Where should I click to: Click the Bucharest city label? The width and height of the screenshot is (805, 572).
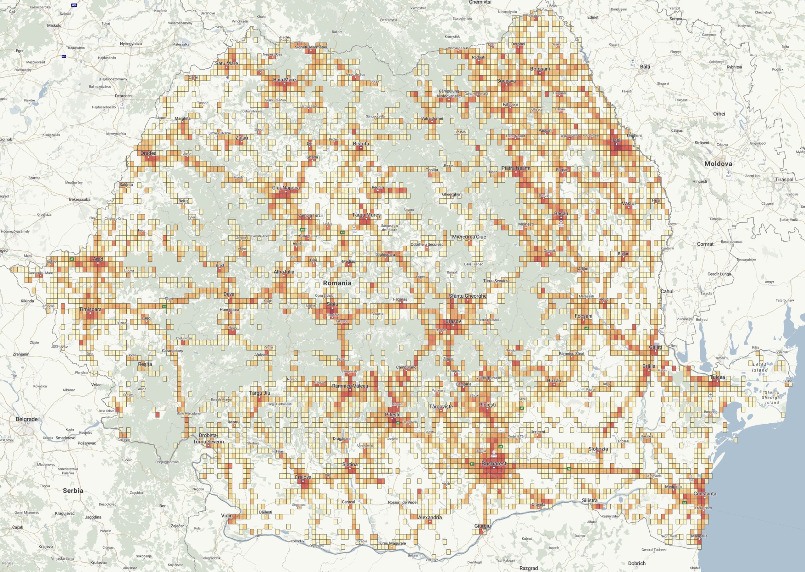pyautogui.click(x=494, y=464)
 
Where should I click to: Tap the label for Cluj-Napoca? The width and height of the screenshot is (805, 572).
pyautogui.click(x=286, y=188)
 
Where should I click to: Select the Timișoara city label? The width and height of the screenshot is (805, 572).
pyautogui.click(x=90, y=309)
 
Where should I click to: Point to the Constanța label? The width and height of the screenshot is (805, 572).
pyautogui.click(x=705, y=493)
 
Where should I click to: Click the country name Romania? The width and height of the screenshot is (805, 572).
pyautogui.click(x=337, y=283)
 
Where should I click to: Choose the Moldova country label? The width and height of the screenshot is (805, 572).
pyautogui.click(x=718, y=164)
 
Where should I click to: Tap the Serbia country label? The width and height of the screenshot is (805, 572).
pyautogui.click(x=73, y=490)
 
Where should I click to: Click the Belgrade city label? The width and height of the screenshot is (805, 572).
pyautogui.click(x=26, y=419)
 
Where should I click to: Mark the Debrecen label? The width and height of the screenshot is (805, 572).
pyautogui.click(x=123, y=96)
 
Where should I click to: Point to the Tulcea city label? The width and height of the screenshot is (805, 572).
pyautogui.click(x=717, y=377)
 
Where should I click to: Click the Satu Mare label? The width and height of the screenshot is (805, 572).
pyautogui.click(x=226, y=63)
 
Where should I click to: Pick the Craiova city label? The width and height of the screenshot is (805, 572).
pyautogui.click(x=303, y=477)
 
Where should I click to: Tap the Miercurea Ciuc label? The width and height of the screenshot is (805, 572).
pyautogui.click(x=469, y=237)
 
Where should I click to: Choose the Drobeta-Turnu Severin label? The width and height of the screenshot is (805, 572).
pyautogui.click(x=208, y=438)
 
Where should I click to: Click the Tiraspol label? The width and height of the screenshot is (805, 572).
pyautogui.click(x=784, y=179)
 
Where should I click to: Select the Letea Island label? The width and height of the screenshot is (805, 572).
pyautogui.click(x=759, y=367)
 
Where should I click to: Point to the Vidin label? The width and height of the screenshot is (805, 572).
pyautogui.click(x=226, y=516)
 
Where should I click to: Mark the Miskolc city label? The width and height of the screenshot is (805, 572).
pyautogui.click(x=54, y=25)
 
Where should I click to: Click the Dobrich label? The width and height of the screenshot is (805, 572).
pyautogui.click(x=636, y=563)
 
